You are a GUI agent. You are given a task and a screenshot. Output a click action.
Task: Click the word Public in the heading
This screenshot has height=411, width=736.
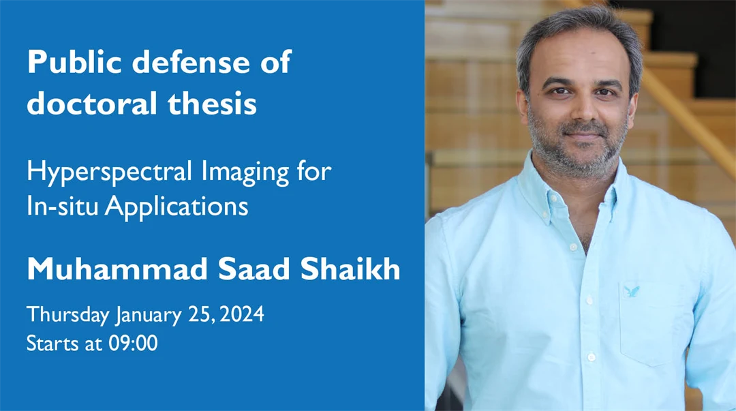point(74,63)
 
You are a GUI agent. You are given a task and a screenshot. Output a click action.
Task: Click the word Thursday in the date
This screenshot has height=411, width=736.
point(67,316)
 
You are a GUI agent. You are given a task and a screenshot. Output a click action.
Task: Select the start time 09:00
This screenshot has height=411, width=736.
point(133,343)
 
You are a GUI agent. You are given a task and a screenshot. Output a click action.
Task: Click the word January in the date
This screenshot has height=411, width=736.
point(149,316)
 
